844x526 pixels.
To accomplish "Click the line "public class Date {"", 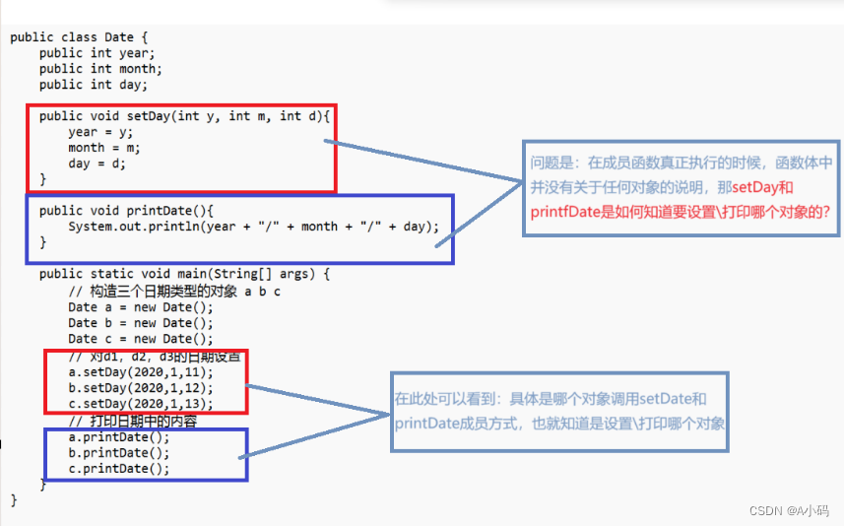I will (x=71, y=37).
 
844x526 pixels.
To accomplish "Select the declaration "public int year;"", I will (x=97, y=53).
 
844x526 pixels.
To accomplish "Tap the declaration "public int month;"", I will (x=100, y=69).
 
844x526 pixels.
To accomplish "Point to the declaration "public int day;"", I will (x=93, y=85).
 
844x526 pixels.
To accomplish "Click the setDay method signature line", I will (x=186, y=116).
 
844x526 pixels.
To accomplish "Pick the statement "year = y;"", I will (x=100, y=132).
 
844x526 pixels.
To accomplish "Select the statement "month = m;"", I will (x=104, y=148).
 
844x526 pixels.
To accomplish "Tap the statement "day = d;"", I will (x=97, y=164).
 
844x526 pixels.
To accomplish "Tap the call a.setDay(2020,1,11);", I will (x=140, y=372).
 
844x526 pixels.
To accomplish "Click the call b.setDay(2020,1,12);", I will (x=140, y=388).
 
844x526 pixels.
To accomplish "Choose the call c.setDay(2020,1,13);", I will (x=140, y=404).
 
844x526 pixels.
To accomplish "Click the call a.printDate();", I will (x=118, y=436).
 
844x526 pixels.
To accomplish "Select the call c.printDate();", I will (x=118, y=468).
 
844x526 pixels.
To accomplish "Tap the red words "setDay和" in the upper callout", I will (x=762, y=187).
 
